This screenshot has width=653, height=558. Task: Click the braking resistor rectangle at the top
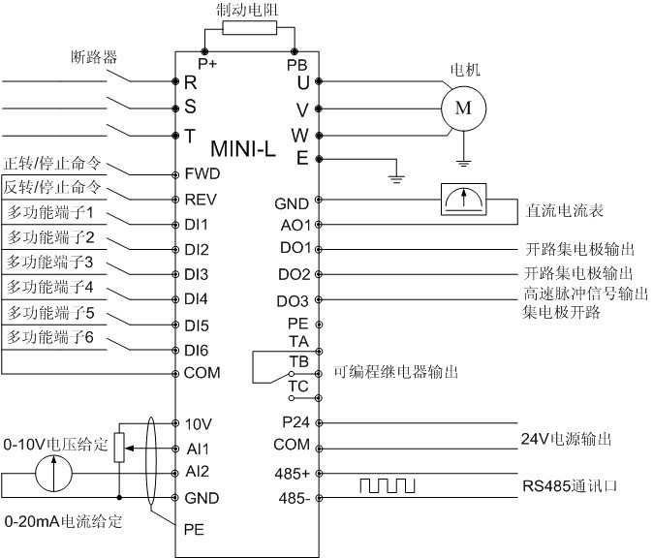249,29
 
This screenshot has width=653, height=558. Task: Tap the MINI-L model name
245,150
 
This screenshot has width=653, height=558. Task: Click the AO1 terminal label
295,224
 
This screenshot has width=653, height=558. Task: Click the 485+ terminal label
294,473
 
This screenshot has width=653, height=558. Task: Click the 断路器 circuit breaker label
94,57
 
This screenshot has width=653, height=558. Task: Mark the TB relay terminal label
297,360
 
